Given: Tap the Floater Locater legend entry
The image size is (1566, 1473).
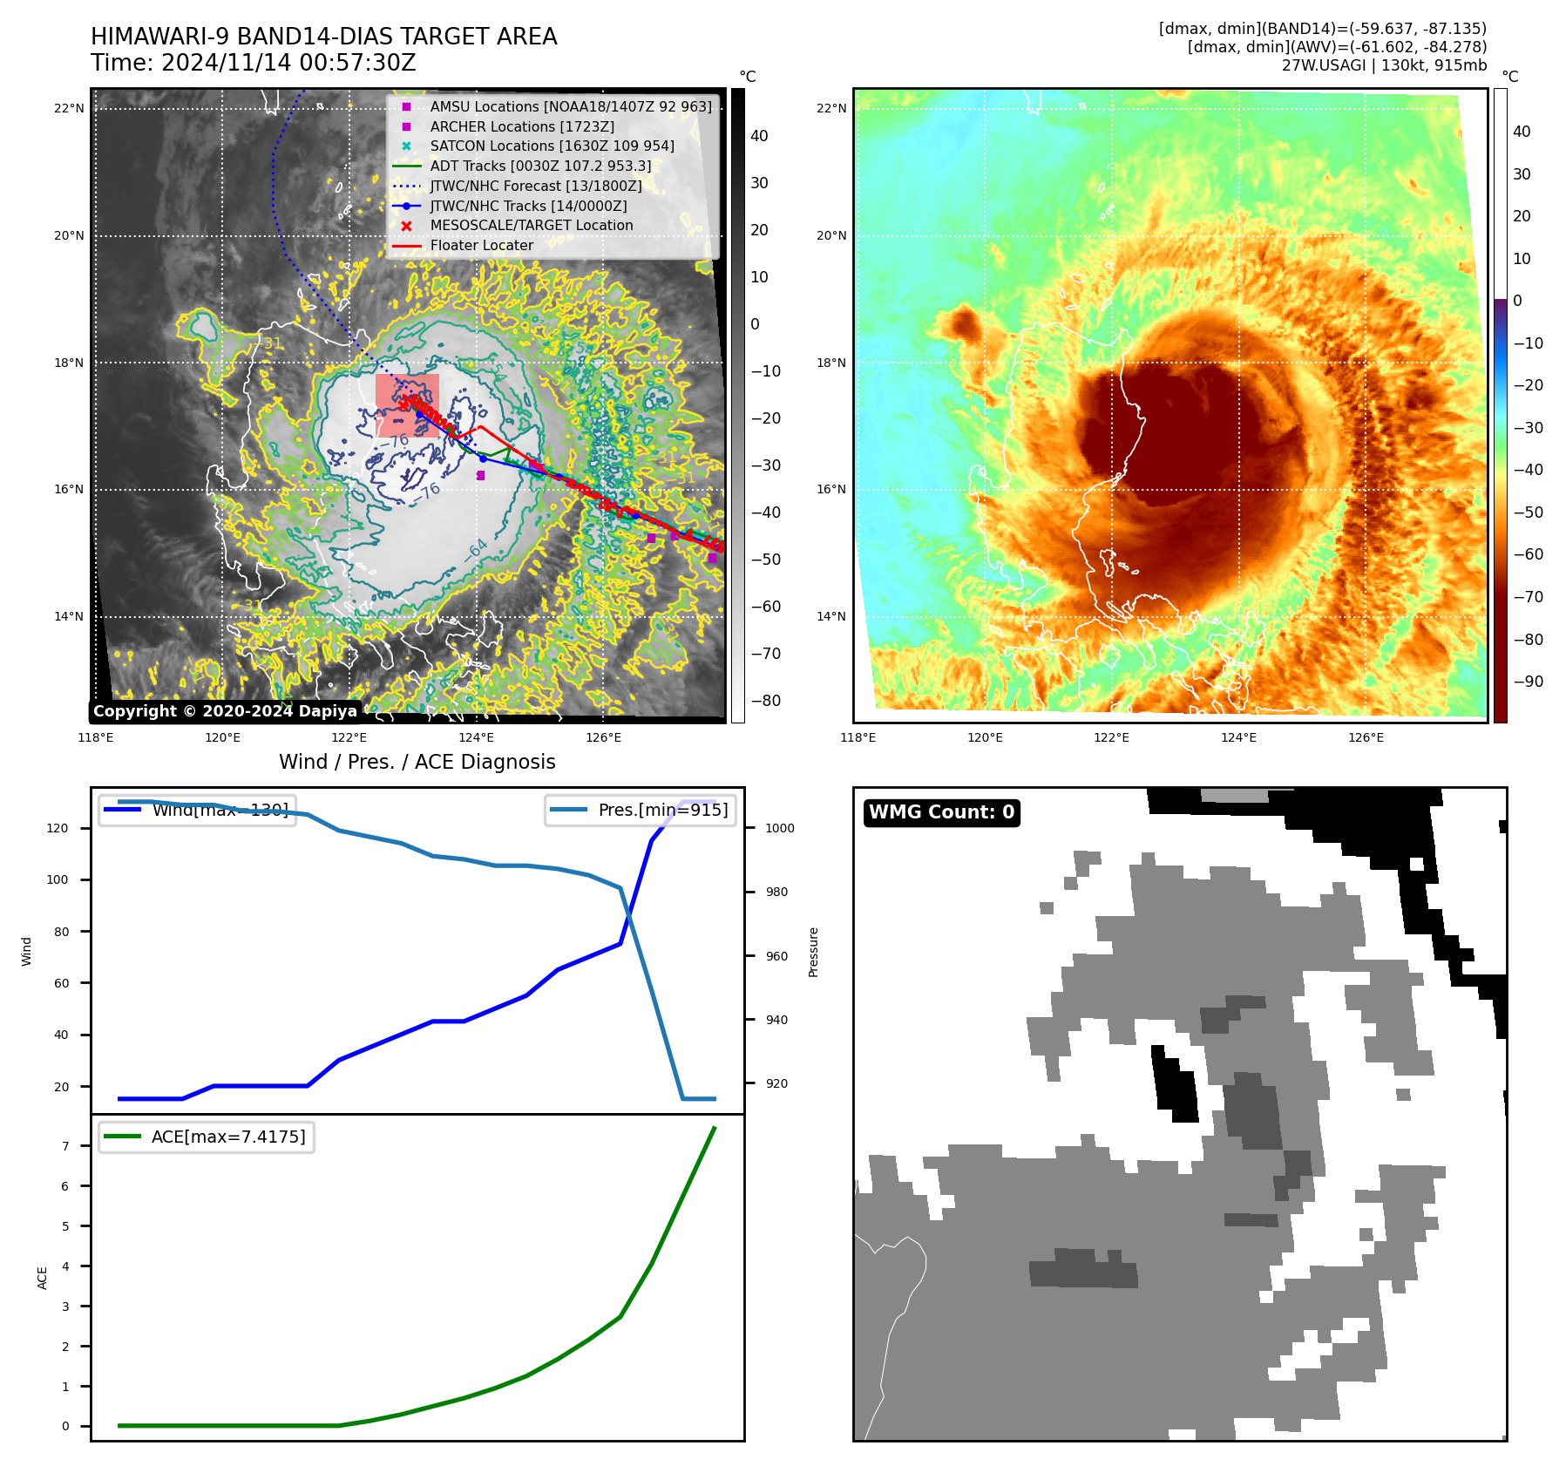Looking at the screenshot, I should tap(481, 245).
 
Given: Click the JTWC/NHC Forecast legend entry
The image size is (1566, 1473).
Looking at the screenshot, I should tap(535, 186).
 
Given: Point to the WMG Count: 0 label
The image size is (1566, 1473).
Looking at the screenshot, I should tap(941, 812).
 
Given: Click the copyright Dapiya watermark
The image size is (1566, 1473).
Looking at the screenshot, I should tap(225, 711).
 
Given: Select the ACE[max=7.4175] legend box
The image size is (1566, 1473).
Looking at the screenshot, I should tap(207, 1137).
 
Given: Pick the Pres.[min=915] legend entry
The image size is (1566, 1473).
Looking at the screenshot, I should tap(641, 810).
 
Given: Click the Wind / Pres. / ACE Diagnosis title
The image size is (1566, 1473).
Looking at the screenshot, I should tap(417, 762).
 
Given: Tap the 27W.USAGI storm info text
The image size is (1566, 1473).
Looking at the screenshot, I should tap(1384, 65).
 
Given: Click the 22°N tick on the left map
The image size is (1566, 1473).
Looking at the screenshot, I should tap(70, 109).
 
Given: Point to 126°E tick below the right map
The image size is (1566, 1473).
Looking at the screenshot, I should tap(1366, 738).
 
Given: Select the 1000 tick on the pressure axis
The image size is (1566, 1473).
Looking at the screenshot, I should tap(779, 828).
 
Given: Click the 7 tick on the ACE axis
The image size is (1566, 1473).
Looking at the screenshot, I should tap(65, 1146).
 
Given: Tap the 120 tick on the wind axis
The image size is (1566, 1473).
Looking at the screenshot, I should tap(58, 828).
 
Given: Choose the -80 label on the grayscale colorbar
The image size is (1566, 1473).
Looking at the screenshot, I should tap(766, 701).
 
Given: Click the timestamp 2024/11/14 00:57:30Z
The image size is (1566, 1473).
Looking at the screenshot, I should tap(288, 64).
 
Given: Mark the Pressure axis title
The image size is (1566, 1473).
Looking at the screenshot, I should tap(813, 952).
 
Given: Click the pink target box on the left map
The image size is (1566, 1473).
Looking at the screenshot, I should tap(407, 405).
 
